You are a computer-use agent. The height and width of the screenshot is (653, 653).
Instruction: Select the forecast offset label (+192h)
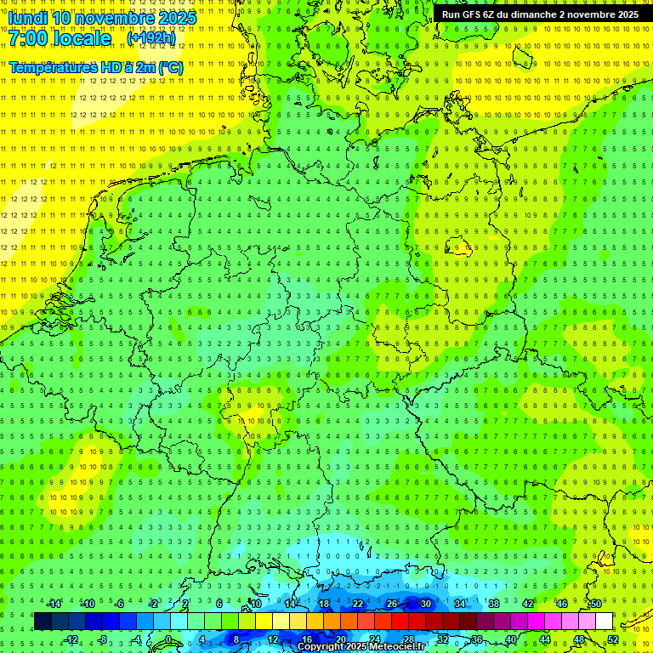pyautogui.click(x=151, y=38)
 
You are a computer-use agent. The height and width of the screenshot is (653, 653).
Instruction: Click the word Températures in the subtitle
pyautogui.click(x=51, y=66)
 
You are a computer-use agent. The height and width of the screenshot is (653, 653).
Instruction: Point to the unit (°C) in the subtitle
pyautogui.click(x=169, y=66)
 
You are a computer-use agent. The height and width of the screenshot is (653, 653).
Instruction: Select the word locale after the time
pyautogui.click(x=83, y=38)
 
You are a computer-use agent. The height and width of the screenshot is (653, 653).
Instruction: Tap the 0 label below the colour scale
pyautogui.click(x=168, y=639)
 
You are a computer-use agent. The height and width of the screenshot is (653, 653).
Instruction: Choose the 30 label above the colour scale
pyautogui.click(x=425, y=604)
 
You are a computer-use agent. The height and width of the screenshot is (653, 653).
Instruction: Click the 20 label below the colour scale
pyautogui.click(x=340, y=639)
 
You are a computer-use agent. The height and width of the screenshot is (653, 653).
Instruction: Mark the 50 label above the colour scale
pyautogui.click(x=596, y=604)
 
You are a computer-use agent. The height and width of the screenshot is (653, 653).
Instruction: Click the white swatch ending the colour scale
pyautogui.click(x=605, y=622)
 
